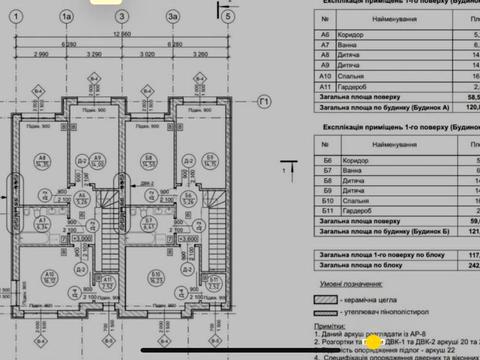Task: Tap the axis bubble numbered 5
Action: pos(228,17)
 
